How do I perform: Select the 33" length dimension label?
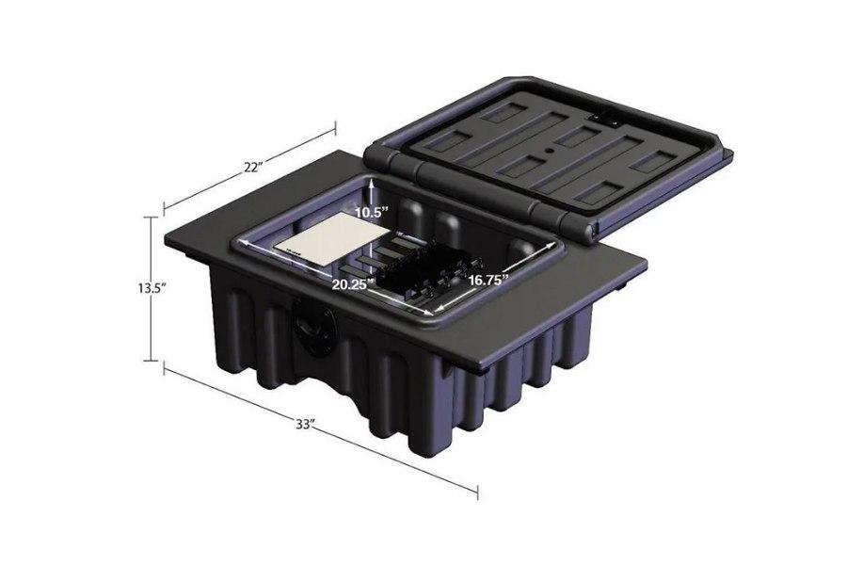click(304, 425)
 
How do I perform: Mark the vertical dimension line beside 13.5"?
click(151, 320)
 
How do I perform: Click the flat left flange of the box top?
click(202, 239)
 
